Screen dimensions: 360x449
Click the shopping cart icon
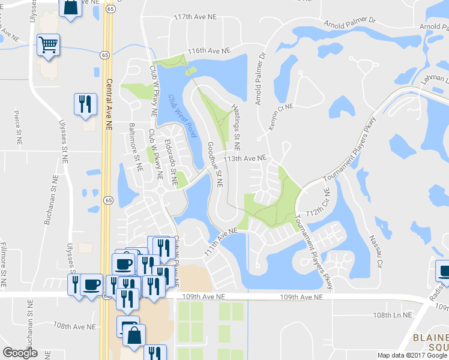(x=48, y=44)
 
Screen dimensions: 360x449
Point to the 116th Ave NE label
(x=209, y=52)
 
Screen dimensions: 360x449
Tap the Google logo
(x=20, y=352)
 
